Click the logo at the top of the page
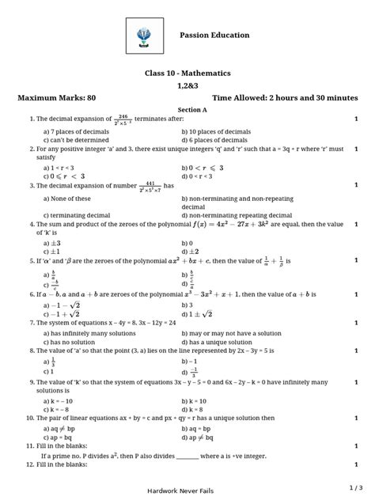click(146, 36)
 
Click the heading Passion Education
click(214, 36)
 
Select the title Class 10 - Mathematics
click(187, 73)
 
